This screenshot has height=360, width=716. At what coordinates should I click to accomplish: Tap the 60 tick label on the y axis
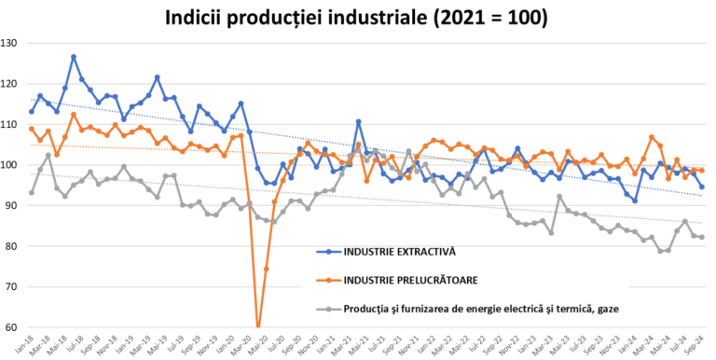coord(13,327)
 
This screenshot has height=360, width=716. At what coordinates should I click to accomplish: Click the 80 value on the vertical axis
coord(13,246)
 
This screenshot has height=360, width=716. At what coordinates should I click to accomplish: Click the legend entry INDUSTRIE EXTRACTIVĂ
coord(381,251)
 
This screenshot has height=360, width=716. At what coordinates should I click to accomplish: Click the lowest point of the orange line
coord(258,327)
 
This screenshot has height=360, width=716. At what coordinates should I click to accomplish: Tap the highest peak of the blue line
coord(74,57)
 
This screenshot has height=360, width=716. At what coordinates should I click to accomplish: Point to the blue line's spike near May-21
coord(358,121)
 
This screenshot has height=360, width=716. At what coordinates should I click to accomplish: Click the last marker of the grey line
coord(701,237)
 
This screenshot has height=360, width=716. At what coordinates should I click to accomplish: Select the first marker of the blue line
coord(32,112)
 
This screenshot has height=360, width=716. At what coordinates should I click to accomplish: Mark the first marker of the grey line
coord(32,193)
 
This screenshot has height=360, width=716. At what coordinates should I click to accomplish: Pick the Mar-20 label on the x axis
coord(247,344)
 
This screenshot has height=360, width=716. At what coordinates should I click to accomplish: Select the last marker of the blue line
coord(701,187)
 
